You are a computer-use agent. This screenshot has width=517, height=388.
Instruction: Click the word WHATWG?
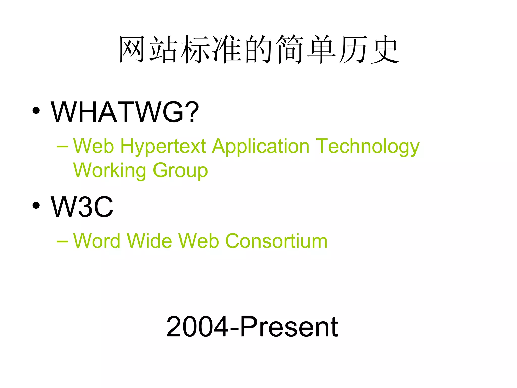tap(125, 112)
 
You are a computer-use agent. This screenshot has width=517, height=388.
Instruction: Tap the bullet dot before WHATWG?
tap(36, 111)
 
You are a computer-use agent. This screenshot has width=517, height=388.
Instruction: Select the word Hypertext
tap(163, 147)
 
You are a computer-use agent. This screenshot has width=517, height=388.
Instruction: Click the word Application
tap(261, 147)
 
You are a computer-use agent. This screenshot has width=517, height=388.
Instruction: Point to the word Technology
tap(367, 147)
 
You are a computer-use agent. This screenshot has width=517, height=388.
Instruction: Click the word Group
tap(180, 171)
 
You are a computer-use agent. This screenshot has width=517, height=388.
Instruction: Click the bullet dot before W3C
tap(36, 205)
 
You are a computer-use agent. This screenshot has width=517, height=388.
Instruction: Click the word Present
tap(289, 327)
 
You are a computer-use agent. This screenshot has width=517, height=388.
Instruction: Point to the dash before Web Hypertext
tap(62, 147)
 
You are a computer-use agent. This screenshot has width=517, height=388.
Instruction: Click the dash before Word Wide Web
tap(62, 241)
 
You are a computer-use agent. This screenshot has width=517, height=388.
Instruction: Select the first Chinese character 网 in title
tap(132, 49)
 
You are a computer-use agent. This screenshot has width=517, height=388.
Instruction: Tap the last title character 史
tap(384, 49)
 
